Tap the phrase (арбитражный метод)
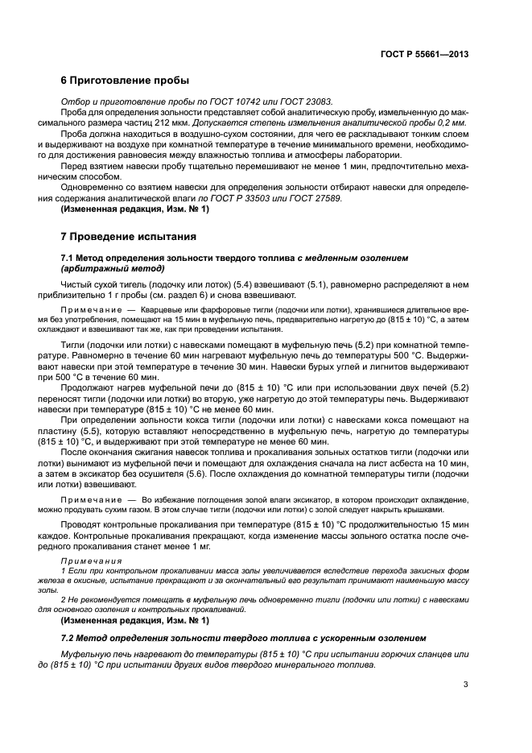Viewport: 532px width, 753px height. [113, 268]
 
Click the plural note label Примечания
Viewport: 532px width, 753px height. [89, 561]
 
